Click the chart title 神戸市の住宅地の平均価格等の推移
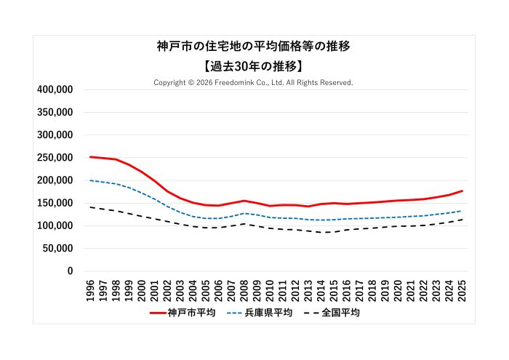[x=254, y=47]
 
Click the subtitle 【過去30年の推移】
[x=254, y=66]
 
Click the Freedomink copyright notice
[x=254, y=82]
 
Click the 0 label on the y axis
[x=70, y=271]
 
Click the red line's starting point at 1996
[x=90, y=156]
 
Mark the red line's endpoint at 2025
[x=462, y=191]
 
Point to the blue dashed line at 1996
[x=90, y=180]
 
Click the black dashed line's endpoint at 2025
[x=462, y=219]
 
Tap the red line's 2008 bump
[x=244, y=201]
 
